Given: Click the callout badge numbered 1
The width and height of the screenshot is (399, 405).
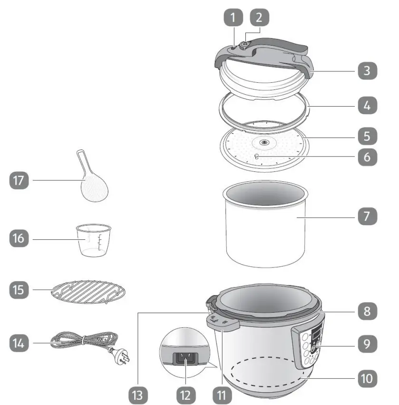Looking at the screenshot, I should click(233, 19).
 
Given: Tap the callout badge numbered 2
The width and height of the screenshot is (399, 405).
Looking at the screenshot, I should click(259, 19).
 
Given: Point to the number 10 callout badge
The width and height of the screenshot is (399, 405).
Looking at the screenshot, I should click(367, 378).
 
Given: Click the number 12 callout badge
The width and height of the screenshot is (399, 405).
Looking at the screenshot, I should click(185, 394).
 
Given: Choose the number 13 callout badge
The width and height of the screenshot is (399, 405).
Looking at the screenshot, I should click(138, 394).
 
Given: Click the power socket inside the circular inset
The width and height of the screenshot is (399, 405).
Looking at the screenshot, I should click(186, 356).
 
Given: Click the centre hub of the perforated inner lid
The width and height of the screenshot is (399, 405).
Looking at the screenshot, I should click(263, 142).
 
